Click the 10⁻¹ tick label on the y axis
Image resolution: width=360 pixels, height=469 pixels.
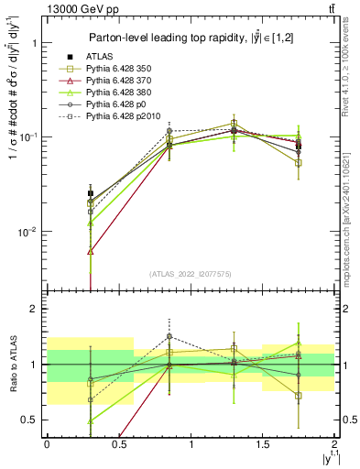pos(29,137)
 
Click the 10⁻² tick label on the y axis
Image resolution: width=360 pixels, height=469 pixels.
pos(29,233)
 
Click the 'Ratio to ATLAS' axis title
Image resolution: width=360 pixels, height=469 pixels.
pos(12,365)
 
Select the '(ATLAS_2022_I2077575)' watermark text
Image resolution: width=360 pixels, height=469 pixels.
pos(191,274)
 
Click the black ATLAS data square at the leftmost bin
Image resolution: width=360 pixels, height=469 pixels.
pos(90,193)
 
